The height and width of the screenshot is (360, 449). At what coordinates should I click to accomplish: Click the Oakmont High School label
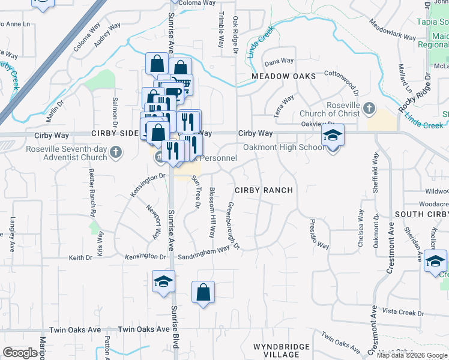283,148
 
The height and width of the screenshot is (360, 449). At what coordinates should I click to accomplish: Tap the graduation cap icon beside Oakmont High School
332,136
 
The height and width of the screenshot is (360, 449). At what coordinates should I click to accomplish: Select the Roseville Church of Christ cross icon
369,109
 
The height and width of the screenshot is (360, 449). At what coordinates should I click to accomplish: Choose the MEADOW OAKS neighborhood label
283,77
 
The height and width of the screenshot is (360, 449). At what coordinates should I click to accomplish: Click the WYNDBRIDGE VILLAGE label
281,350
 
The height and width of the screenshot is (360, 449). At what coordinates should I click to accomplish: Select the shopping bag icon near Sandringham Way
203,293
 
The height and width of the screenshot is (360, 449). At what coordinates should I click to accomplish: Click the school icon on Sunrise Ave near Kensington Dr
163,282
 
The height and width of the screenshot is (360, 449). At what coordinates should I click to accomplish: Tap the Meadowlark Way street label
393,31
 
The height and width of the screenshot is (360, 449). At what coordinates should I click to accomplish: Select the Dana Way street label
279,61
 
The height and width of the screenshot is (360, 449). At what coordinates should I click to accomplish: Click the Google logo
20,353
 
